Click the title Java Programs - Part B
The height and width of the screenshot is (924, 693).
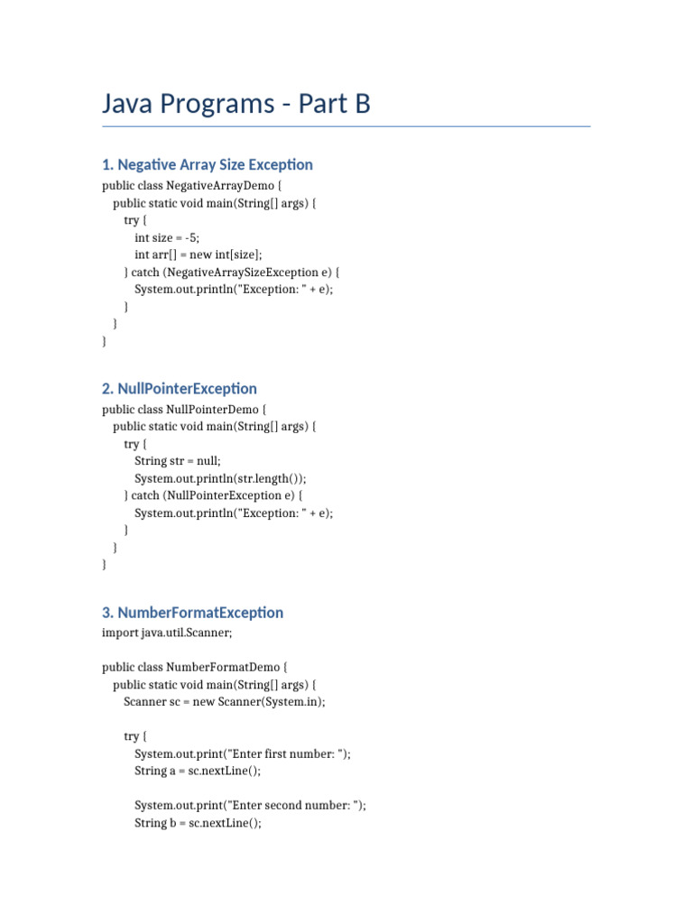(236, 105)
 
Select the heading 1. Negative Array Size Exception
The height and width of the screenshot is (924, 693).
(208, 164)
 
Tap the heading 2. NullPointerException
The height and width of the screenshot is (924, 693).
(180, 388)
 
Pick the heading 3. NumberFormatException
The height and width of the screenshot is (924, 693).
(193, 612)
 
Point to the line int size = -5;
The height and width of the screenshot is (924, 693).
(167, 238)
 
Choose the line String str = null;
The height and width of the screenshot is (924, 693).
(178, 461)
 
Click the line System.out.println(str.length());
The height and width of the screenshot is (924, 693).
(226, 478)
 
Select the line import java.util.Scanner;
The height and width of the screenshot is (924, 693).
(167, 633)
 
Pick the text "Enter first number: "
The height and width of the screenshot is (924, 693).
(288, 754)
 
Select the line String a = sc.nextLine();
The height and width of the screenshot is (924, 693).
(198, 772)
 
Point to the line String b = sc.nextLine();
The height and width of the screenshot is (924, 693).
(198, 823)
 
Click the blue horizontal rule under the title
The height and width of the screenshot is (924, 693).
(346, 127)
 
